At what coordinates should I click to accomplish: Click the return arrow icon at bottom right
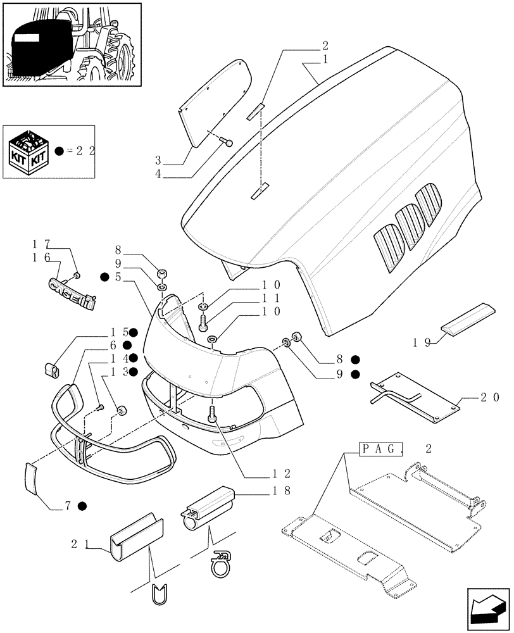[487, 610]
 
